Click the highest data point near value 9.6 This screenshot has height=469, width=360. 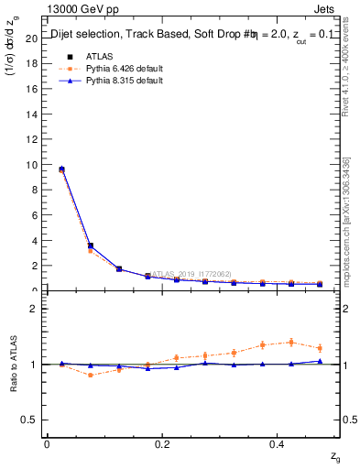tap(61, 169)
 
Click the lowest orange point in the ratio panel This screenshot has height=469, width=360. tap(90, 375)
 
